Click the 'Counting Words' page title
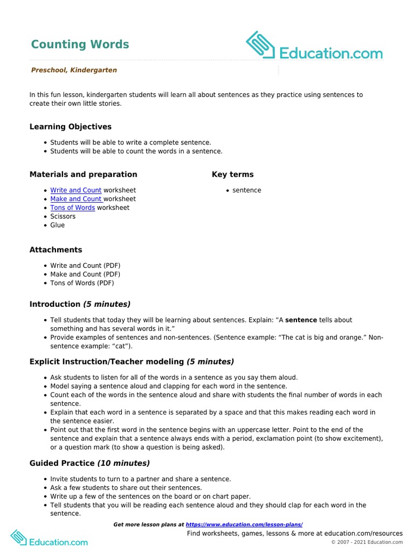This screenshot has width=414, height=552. pyautogui.click(x=80, y=44)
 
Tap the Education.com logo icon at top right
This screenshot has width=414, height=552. pyautogui.click(x=261, y=45)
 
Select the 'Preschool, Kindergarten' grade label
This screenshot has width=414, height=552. pyautogui.click(x=74, y=70)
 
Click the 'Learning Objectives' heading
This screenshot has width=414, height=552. pyautogui.click(x=71, y=127)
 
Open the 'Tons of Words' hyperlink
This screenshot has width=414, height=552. pyautogui.click(x=73, y=208)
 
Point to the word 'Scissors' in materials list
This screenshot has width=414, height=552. pyautogui.click(x=63, y=216)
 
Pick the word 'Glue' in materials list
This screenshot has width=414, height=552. pyautogui.click(x=58, y=225)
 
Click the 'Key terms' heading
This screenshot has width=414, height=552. pyautogui.click(x=232, y=174)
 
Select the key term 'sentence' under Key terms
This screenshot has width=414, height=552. pyautogui.click(x=247, y=190)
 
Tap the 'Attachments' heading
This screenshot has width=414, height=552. pyautogui.click(x=56, y=250)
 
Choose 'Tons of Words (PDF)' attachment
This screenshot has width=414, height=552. pyautogui.click(x=82, y=283)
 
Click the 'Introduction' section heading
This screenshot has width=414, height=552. pyautogui.click(x=55, y=304)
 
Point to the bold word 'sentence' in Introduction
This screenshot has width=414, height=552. pyautogui.click(x=301, y=320)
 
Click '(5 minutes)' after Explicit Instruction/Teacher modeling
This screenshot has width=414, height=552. pyautogui.click(x=210, y=361)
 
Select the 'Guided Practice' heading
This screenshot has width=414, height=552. pyautogui.click(x=62, y=463)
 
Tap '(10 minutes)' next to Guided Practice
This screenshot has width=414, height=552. pyautogui.click(x=123, y=463)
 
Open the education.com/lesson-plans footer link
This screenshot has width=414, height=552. pyautogui.click(x=244, y=525)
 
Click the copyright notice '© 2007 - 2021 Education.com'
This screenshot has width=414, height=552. pyautogui.click(x=367, y=542)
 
